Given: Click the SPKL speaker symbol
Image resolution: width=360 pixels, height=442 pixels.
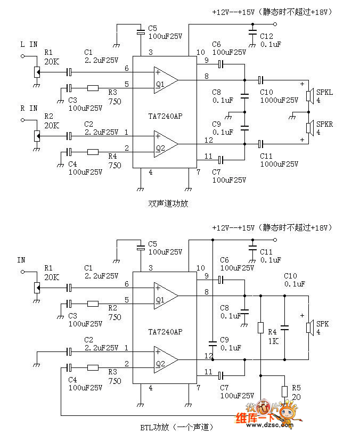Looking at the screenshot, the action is pos(310,96).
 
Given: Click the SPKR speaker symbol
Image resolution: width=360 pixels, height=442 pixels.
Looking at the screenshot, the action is pos(310,128).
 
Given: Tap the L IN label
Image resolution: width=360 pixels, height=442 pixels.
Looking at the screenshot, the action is pos(29,44).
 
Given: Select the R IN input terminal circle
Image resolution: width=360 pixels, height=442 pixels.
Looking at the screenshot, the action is pos(22,120).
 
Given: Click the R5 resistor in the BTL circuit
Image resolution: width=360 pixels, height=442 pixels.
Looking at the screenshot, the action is pos(285,391).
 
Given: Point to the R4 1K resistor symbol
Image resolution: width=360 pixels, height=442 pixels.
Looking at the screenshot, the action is pos(261,328).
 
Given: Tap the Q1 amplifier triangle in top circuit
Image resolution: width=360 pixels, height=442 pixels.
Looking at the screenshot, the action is pos(166,80).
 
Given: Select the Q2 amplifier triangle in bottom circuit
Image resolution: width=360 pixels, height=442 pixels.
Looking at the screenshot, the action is pos(166,359).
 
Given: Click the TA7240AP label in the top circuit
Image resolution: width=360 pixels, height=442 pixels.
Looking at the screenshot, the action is pos(165,116).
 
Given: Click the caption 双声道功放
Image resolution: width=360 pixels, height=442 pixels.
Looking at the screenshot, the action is pos(168,203).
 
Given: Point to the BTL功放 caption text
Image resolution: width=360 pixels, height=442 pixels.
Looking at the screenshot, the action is pos(155,427).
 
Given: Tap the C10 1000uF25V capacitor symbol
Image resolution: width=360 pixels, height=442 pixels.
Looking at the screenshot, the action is pos(261,80).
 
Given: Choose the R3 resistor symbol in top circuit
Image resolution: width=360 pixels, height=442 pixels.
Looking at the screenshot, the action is pos(93,88).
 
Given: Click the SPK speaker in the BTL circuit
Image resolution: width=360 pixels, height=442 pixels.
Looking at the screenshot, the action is pos(310,328).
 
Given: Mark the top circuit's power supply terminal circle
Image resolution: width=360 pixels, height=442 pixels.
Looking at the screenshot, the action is pos(275,24).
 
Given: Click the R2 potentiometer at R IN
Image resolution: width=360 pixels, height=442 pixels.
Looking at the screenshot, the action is pos(37,136).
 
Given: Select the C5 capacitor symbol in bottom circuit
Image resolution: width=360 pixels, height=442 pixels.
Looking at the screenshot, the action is pos(141,248).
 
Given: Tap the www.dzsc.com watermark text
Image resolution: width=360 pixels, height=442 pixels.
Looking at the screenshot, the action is pos(269,425).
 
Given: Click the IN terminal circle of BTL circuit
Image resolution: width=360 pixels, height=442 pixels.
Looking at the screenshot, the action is pos(22,272).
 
